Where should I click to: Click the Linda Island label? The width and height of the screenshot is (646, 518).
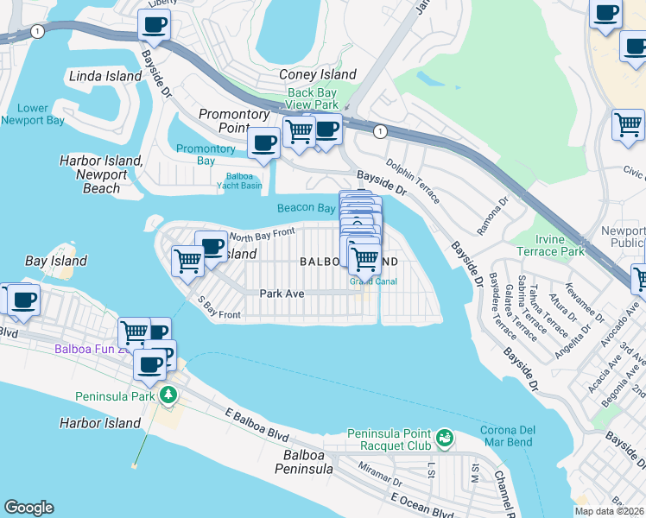pos(106,76)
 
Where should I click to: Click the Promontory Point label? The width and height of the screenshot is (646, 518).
pos(235,121)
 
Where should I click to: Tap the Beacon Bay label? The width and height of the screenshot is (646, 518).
pos(306,208)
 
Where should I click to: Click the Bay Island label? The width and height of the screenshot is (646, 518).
pos(56,261)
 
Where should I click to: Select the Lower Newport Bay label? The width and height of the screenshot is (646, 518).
pos(33,115)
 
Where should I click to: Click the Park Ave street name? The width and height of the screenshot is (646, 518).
pos(282,294)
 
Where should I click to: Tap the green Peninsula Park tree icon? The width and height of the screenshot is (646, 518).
pos(168,395)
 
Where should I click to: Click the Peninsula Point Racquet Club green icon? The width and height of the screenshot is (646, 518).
pos(445,439)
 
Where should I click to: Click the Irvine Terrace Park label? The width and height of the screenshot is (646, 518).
pos(549,245)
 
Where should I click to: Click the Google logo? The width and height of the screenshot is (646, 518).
pos(28,508)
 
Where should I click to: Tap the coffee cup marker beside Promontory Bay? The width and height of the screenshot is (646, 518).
pos(263,142)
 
